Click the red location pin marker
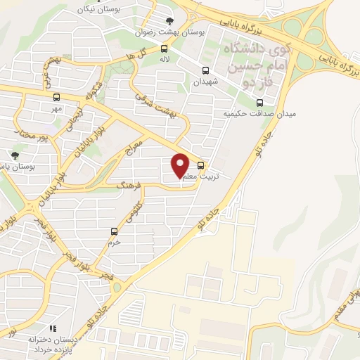point(181,166)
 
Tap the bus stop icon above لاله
point(164,49)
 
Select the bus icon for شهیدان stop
point(205,70)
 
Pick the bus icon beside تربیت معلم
point(202,166)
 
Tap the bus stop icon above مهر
point(56,98)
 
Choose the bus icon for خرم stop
point(114,231)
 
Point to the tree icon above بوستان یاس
point(15,155)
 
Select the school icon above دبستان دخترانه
point(51,328)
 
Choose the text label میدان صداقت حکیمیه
point(250,113)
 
